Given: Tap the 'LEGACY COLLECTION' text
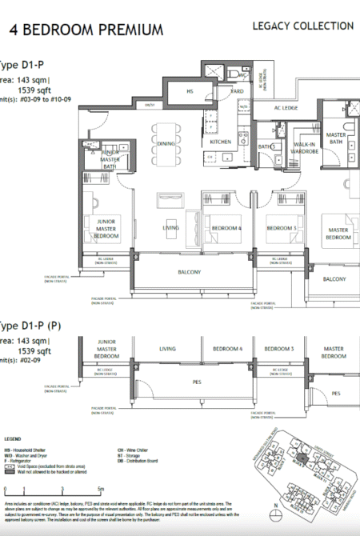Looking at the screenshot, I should coord(302,26).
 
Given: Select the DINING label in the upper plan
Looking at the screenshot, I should coord(166,144).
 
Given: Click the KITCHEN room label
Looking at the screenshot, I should coord(221,142).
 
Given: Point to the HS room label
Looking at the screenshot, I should coord(190,92).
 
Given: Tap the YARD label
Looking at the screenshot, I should coord(237,92).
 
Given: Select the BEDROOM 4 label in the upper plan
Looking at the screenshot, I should coord(226,228).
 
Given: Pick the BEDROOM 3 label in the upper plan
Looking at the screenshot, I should coord(282,228).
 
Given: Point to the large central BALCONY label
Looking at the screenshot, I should coord(189,272).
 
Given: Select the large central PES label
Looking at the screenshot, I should coord(189,381).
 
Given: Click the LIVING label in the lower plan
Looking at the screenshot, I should coord(167,349).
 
